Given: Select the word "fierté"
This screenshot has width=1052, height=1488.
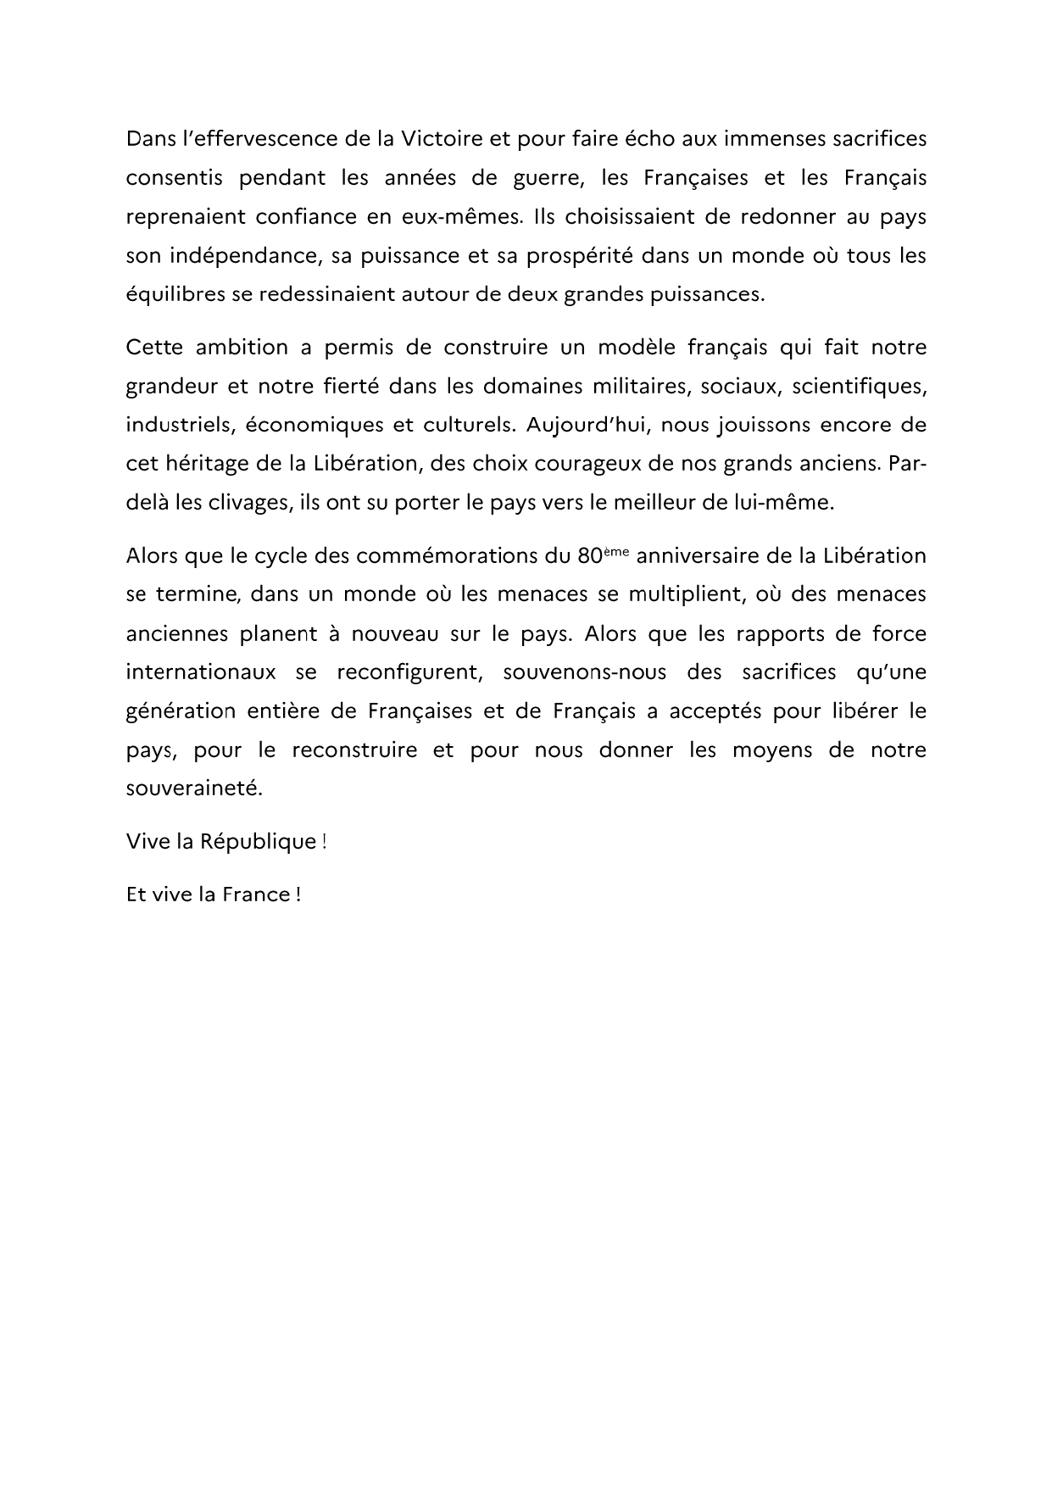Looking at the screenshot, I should coord(341,386).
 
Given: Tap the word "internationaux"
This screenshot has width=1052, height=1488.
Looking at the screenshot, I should coord(201,672).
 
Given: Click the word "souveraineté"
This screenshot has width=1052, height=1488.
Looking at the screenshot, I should coord(195,789).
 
